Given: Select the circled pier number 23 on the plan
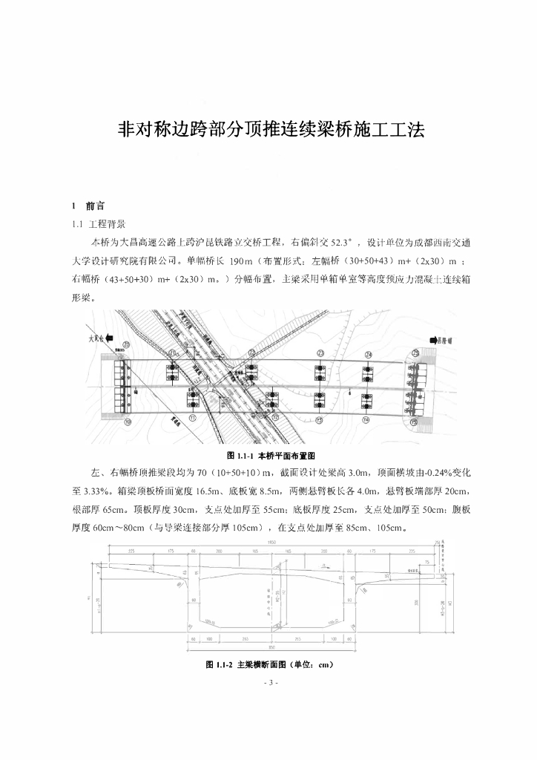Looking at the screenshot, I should pos(320,353).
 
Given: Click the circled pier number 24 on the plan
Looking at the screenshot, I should pos(365,353).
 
